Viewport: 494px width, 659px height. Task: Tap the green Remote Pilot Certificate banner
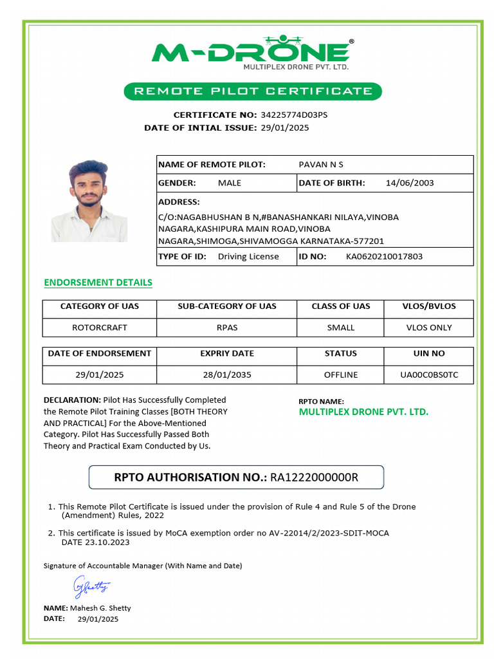253,91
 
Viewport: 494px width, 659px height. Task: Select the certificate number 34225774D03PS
293,115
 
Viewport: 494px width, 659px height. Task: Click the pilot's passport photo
89,201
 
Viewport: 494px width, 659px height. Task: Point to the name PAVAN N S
321,165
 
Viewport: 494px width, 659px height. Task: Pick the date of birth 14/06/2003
410,183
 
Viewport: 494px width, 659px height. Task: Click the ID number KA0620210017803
384,256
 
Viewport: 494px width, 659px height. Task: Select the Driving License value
248,256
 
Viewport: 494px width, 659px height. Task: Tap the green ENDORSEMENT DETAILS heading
98,283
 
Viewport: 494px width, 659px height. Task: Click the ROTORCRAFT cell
100,328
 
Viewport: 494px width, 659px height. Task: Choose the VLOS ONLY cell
429,328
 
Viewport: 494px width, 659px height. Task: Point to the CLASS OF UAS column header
341,306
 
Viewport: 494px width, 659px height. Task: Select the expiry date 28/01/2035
227,375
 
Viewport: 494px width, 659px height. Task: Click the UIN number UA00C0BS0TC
429,375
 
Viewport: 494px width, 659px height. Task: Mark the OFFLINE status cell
341,375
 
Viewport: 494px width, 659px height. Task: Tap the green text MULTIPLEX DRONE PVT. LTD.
363,412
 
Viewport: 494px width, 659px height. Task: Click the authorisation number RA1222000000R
314,477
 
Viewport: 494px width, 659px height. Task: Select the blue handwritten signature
91,586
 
